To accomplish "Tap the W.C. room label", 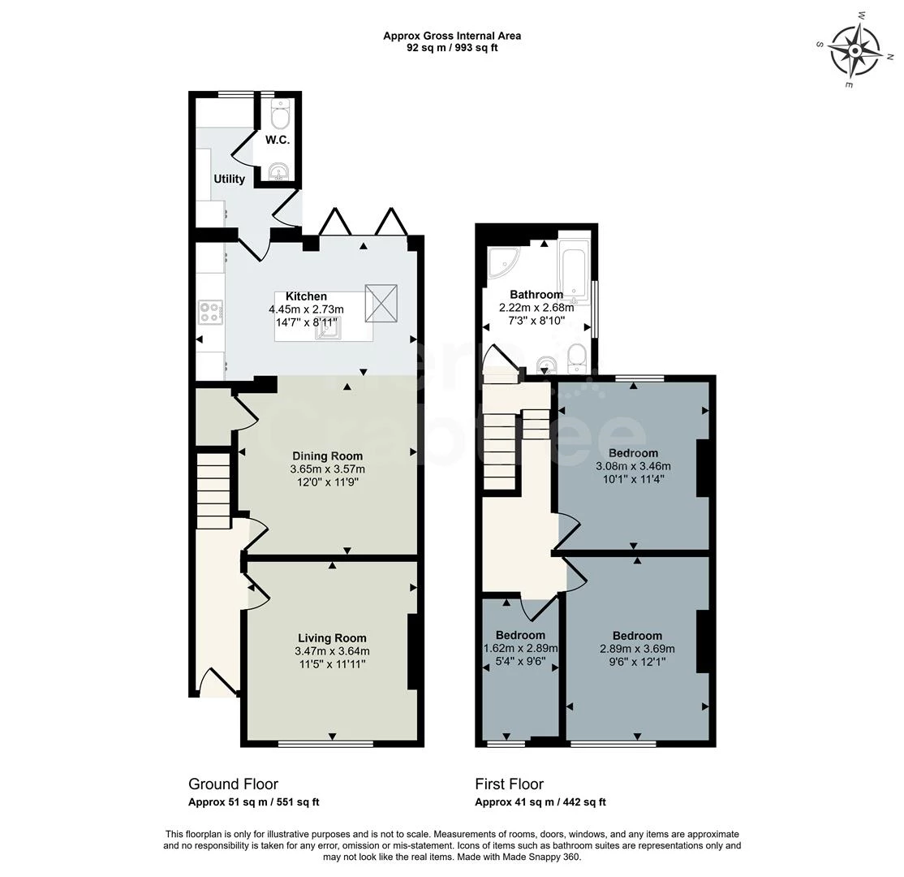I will click(x=278, y=140).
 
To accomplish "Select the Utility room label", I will click(x=229, y=179).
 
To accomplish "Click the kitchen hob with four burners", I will click(x=211, y=312).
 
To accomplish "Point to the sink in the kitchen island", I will click(x=330, y=326).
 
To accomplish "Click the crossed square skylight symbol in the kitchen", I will click(x=381, y=298).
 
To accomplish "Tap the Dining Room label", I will click(x=327, y=456).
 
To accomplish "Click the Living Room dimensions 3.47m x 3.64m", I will click(x=332, y=651).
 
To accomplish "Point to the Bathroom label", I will click(x=536, y=294).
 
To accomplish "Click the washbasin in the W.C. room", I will click(x=279, y=172).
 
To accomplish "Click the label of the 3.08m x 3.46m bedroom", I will click(x=633, y=452).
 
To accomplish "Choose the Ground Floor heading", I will click(x=233, y=784).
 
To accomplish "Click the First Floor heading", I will click(x=509, y=784).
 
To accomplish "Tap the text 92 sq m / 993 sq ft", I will click(x=452, y=48).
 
